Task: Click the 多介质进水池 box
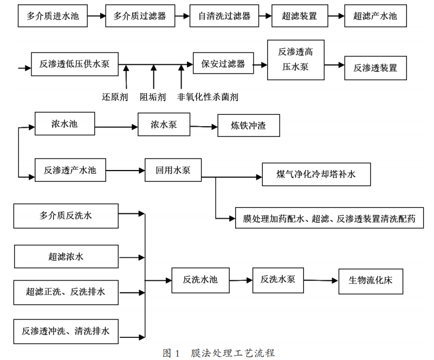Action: pos(53,16)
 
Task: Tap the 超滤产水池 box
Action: pos(375,16)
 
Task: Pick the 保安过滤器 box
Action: pos(223,63)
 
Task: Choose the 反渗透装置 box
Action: pos(375,68)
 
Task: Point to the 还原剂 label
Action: pos(115,97)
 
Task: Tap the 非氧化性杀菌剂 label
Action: pos(208,97)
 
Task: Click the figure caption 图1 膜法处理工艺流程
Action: pos(219,353)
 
